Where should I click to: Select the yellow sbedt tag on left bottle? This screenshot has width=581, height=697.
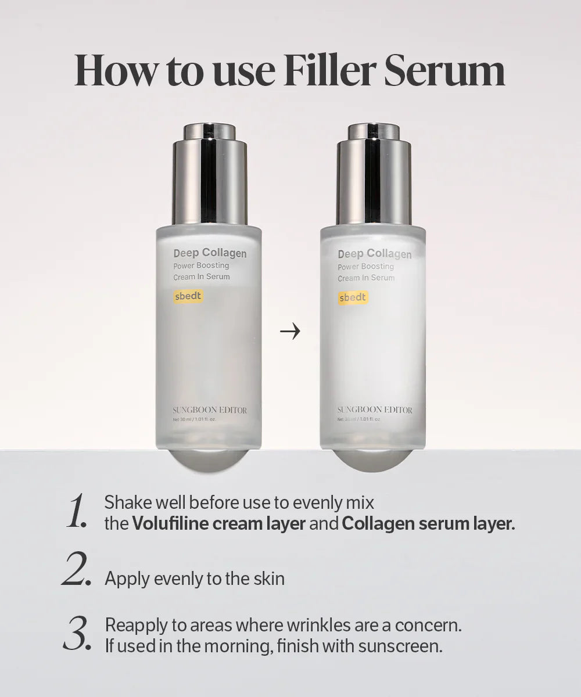188,296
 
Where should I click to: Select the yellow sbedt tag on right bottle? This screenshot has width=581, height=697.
353,297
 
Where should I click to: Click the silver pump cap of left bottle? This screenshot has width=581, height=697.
209,174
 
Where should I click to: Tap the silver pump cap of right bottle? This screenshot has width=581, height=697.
374,174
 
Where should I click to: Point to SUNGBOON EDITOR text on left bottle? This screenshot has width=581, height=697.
210,410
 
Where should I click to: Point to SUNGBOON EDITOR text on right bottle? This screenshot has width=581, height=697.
375,410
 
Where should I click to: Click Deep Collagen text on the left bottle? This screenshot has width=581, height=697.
210,253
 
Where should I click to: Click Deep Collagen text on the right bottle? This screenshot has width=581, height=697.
374,254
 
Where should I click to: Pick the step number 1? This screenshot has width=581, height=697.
77,511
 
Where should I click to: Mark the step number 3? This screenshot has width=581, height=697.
77,634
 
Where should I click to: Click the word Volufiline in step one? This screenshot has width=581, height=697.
169,523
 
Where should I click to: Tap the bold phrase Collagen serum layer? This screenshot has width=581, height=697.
428,523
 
